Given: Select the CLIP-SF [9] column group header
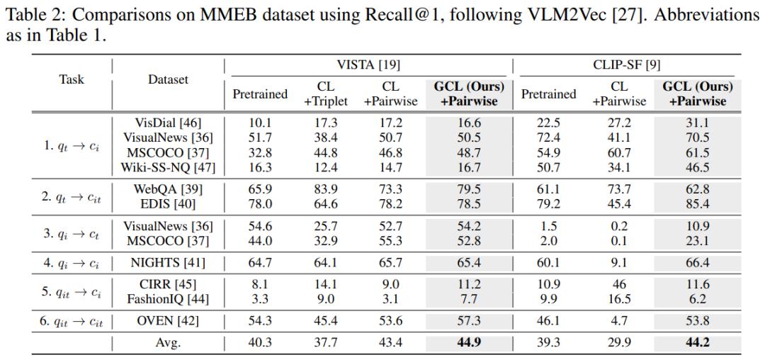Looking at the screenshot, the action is click(628, 65).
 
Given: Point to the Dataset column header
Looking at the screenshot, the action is click(168, 80).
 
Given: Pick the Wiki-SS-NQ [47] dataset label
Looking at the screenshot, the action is click(168, 168).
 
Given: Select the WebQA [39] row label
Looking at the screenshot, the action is click(168, 189).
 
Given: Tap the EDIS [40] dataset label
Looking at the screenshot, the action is click(168, 203).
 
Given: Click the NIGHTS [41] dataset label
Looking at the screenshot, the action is click(168, 264).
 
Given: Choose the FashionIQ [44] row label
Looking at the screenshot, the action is click(168, 299).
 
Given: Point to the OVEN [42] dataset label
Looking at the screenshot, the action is click(168, 322).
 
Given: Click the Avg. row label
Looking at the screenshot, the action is click(168, 343).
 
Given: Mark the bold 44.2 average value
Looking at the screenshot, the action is click(698, 342).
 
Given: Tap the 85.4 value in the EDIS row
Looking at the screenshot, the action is click(698, 203).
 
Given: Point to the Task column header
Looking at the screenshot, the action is click(72, 80).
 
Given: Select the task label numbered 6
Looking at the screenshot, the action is click(72, 322).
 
